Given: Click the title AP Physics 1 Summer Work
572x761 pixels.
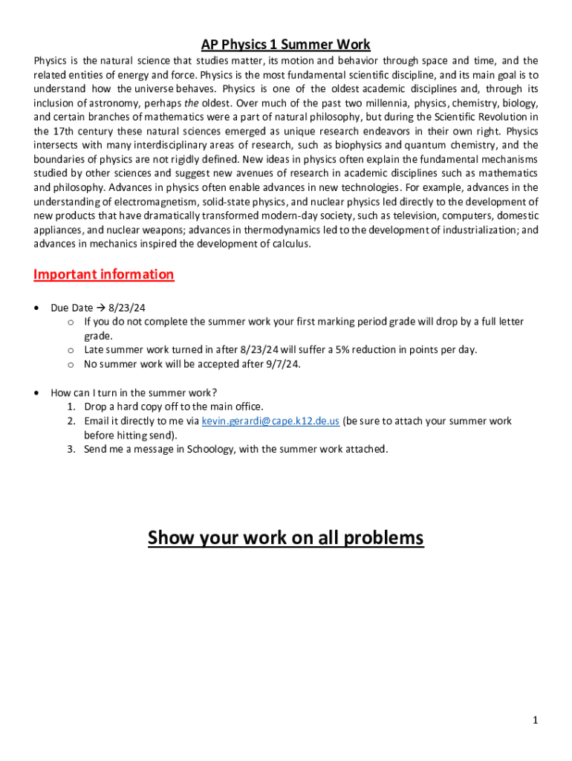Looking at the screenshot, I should click(286, 45).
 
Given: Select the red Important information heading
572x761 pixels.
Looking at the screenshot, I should click(104, 274).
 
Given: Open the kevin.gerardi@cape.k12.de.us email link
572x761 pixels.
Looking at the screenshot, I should click(270, 421).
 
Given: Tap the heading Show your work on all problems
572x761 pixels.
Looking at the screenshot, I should click(286, 537).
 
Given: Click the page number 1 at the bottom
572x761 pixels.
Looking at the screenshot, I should click(535, 720).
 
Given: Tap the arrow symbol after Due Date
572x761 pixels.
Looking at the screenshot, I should click(101, 308).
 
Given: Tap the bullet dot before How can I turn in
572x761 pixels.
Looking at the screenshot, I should click(37, 393).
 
